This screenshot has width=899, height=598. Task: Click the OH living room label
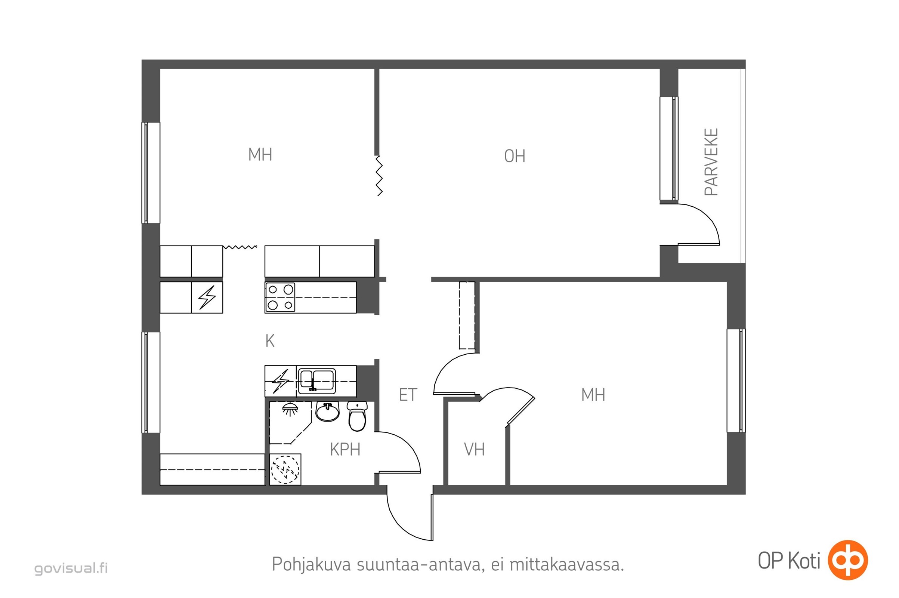tap(514, 156)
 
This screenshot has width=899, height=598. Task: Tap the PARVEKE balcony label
tap(711, 162)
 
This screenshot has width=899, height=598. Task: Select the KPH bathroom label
tap(345, 450)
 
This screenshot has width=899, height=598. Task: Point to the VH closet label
tap(474, 450)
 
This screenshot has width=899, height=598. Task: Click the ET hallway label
tap(408, 395)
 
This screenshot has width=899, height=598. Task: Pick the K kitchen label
tap(270, 341)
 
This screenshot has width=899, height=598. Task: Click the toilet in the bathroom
tap(357, 416)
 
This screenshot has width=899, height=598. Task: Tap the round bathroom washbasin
tap(327, 412)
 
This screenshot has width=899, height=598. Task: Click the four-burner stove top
tap(280, 298)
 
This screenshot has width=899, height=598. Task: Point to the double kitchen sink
tap(316, 381)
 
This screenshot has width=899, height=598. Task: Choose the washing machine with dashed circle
tap(285, 469)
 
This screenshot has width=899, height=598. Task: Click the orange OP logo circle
tap(847, 560)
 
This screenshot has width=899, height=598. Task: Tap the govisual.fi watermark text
tap(71, 568)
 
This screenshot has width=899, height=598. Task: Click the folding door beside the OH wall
tap(379, 176)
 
